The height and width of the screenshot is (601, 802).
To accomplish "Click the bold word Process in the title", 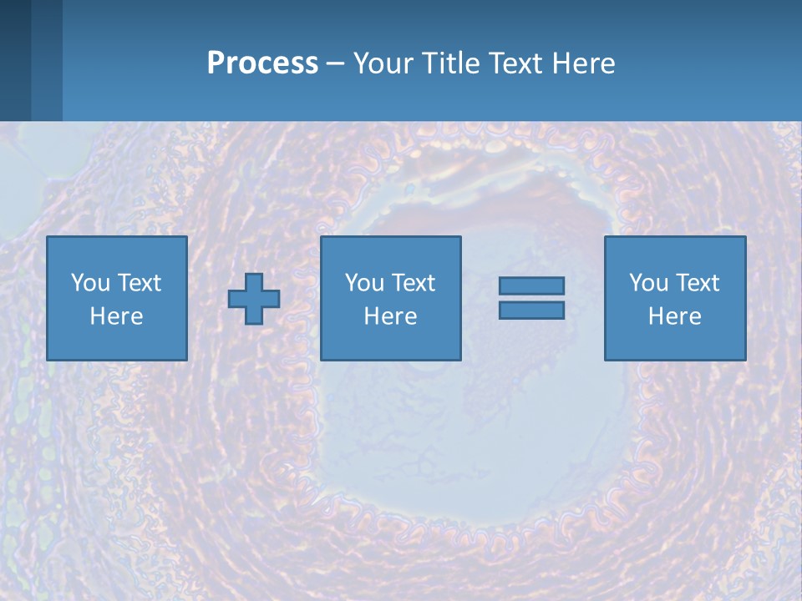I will pos(262,63).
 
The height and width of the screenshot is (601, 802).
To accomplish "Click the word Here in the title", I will pos(584,63).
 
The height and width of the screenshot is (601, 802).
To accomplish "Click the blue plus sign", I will pos(254,299).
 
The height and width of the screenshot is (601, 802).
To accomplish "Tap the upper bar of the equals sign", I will pos(531,286).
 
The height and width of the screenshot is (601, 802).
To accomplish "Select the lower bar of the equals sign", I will pos(531,310).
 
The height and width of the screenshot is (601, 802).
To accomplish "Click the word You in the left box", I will pos(89,283).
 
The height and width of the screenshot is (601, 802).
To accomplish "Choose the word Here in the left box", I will pos(116,316).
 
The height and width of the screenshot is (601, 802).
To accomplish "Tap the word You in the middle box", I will pos(363,283).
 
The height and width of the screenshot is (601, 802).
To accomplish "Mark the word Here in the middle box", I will pos(390,316).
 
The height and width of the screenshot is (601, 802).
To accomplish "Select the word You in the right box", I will pos(647,283).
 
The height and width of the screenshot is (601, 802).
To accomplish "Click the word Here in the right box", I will pos(674,316).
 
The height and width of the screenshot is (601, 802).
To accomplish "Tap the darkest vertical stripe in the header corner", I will pos(15,60).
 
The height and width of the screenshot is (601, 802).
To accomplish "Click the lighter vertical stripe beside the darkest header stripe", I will pos(46,60).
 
